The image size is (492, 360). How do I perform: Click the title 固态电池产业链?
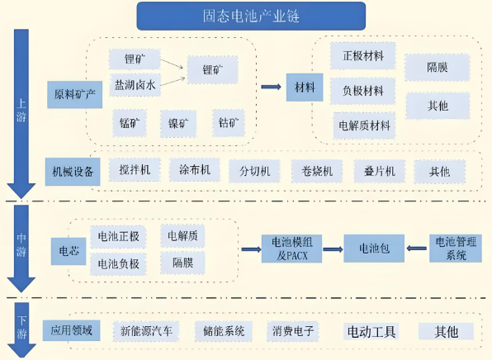[x=251, y=16]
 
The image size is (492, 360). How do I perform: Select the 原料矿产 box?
[x=74, y=94]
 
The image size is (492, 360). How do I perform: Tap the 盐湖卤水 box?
[x=135, y=85]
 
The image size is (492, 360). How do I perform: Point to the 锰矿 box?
[x=130, y=123]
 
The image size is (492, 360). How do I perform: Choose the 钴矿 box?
[x=229, y=123]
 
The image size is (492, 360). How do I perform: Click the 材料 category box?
[x=305, y=88]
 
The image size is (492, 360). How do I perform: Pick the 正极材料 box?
[x=362, y=56]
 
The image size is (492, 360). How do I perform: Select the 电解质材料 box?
[x=364, y=126]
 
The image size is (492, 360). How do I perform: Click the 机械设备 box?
[x=73, y=172]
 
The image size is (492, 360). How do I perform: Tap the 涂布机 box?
[x=195, y=170]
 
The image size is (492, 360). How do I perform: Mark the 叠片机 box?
[x=380, y=171]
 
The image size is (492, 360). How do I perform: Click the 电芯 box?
[x=69, y=251]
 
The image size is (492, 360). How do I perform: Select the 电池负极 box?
[x=118, y=264]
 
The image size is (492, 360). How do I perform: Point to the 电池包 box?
[x=374, y=249]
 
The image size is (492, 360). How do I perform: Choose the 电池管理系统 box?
[x=456, y=249]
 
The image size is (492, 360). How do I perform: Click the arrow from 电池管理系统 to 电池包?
[x=417, y=249]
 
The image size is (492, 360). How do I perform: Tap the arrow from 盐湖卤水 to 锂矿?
[x=173, y=81]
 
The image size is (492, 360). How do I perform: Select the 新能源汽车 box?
[x=146, y=331]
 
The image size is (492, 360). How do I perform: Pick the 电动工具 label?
[x=371, y=331]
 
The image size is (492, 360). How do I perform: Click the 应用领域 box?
[x=72, y=330]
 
